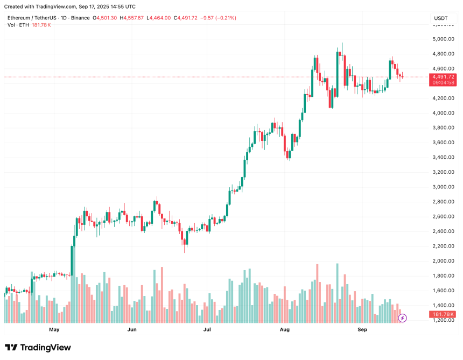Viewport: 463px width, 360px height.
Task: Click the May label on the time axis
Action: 54,329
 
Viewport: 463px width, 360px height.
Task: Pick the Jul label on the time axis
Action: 207,329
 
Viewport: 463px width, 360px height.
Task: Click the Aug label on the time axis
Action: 285,329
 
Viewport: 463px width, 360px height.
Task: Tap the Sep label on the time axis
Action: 362,329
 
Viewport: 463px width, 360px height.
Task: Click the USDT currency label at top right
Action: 440,18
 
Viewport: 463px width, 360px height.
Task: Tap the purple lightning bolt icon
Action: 402,318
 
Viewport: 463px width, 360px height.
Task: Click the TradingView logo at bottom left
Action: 38,347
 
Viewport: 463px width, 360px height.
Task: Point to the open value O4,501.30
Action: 106,18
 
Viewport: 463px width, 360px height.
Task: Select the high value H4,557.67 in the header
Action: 133,18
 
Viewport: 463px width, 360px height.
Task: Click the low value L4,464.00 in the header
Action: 159,18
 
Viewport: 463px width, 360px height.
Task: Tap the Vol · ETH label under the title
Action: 19,25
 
